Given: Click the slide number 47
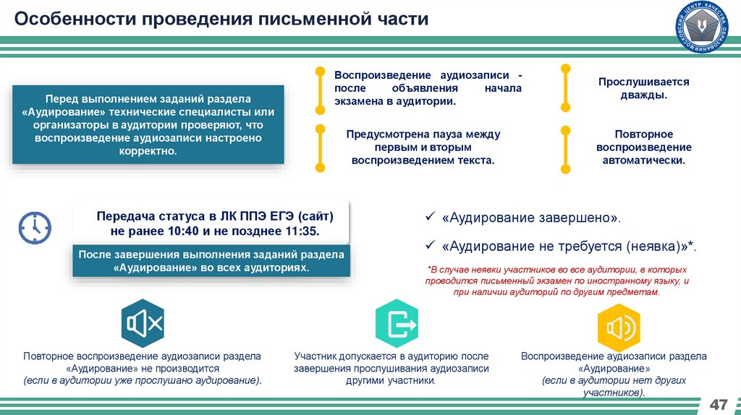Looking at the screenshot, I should click(719, 403).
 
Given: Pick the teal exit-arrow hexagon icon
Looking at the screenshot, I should click(397, 324).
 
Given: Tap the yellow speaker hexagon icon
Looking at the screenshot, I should click(617, 328).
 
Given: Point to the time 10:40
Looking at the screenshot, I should click(187, 231).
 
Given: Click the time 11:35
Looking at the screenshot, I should click(300, 231).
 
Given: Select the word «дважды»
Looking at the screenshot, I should click(643, 95).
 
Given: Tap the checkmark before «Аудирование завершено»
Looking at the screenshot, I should click(429, 218).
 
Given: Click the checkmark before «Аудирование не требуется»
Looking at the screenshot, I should click(429, 246).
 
